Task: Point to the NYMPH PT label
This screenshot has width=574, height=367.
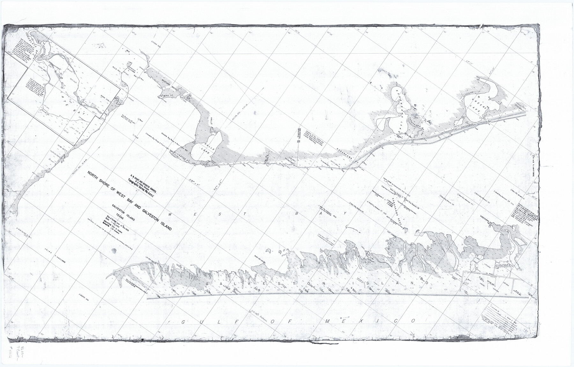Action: coord(166,95)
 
